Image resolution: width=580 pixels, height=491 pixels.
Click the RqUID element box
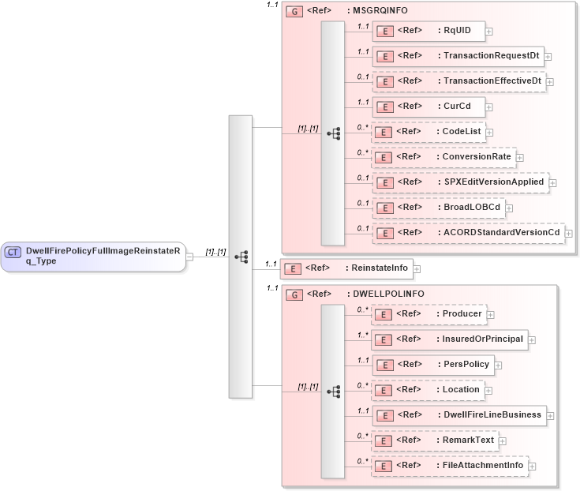tap(427, 31)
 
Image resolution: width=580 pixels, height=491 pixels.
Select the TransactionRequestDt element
tap(458, 56)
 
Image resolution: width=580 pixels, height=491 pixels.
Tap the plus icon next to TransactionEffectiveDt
tap(550, 81)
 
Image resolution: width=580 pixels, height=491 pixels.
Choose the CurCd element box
tap(427, 107)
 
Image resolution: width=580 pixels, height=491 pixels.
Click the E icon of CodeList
tap(384, 132)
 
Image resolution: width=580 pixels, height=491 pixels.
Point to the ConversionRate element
tap(443, 157)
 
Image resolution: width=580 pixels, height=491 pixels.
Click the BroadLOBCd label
tap(472, 208)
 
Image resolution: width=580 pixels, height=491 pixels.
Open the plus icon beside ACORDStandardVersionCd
tap(569, 234)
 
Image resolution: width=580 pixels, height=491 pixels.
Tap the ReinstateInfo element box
tap(347, 268)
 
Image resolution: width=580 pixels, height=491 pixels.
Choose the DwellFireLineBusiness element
tap(458, 415)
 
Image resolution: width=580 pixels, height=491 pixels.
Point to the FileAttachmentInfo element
tap(449, 466)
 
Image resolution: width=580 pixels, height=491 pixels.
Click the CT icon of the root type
tap(13, 252)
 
